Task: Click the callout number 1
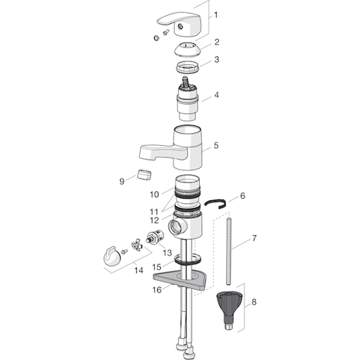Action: click(x=216, y=14)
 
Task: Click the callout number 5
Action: click(x=216, y=145)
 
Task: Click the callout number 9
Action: click(x=122, y=180)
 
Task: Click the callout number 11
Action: click(x=154, y=211)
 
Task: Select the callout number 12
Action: click(x=154, y=220)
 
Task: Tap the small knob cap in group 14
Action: click(x=111, y=255)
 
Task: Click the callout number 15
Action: click(x=157, y=267)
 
